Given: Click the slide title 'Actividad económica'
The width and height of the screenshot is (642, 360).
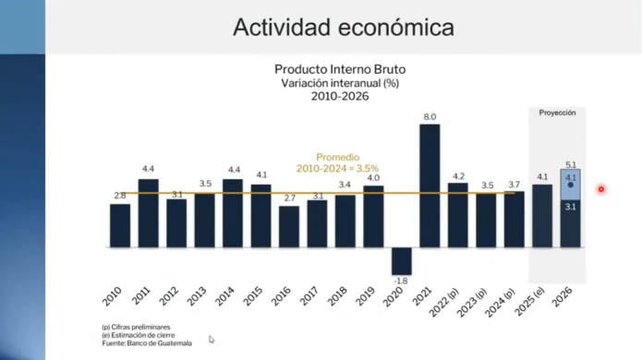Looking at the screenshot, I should (x=343, y=28).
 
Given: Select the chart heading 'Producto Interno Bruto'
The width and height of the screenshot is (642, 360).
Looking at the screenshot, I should (x=340, y=69).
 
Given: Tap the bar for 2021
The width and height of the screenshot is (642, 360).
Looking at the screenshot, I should (x=430, y=185).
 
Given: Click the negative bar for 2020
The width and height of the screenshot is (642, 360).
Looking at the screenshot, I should (x=401, y=260).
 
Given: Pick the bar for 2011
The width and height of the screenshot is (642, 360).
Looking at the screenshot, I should (x=148, y=213).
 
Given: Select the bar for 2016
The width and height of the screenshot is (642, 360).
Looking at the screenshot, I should (x=289, y=226).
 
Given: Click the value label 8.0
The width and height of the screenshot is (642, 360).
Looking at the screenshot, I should (x=430, y=116).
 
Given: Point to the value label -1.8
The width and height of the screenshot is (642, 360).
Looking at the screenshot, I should (x=401, y=281).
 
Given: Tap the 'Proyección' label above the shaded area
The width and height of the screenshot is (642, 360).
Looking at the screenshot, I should (x=557, y=113).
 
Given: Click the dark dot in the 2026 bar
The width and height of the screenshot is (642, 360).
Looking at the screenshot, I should (x=571, y=186).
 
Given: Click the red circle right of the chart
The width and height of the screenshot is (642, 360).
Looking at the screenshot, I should (x=601, y=190).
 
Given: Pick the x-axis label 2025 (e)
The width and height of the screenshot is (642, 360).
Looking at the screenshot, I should (x=531, y=297).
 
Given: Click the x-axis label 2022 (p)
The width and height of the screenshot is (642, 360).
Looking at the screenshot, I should (x=447, y=297).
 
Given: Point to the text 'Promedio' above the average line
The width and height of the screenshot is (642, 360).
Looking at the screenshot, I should (x=337, y=158).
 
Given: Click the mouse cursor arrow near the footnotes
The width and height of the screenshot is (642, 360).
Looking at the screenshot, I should (x=212, y=340).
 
